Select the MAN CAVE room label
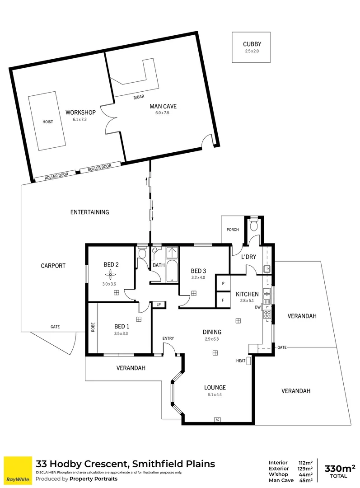[163, 107]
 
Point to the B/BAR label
[138, 97]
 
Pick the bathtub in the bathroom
[173, 271]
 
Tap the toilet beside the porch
[253, 225]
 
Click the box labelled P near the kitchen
[223, 283]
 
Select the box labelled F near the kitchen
[223, 300]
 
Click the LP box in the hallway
[159, 305]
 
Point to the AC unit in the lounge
[217, 420]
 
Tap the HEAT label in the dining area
[240, 361]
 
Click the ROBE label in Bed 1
[93, 327]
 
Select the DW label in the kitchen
[257, 308]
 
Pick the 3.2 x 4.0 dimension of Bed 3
[198, 278]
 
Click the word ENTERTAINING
[90, 212]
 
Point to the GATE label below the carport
[55, 327]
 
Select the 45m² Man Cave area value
[306, 480]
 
